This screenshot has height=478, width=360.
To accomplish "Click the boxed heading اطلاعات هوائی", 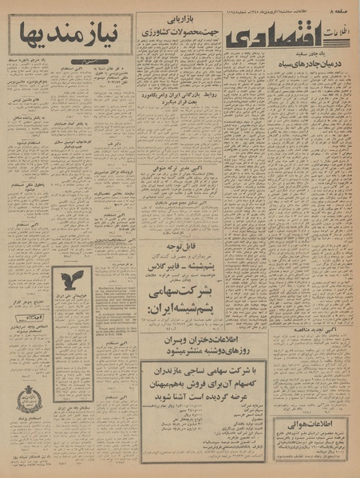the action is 313,425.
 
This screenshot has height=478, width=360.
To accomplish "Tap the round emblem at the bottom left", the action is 29,397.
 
